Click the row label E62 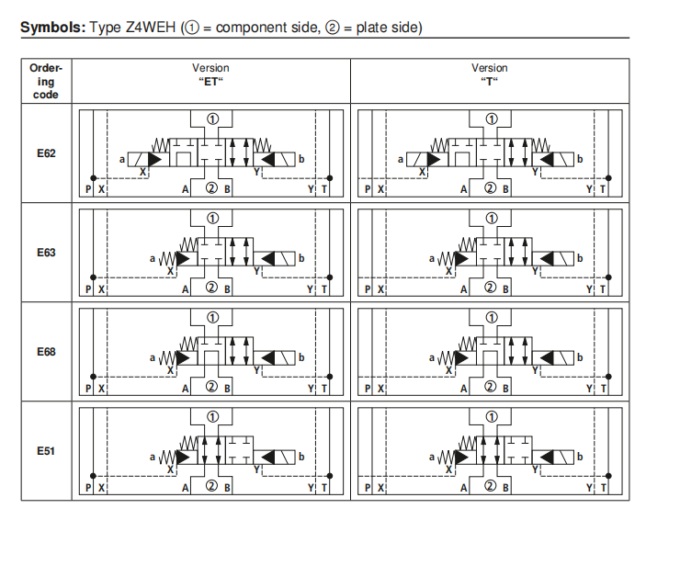[46, 153]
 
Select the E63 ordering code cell [46, 253]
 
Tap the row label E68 [46, 352]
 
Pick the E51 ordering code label [46, 451]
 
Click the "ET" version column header [210, 74]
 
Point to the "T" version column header [490, 74]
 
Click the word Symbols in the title [53, 28]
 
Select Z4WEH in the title [151, 28]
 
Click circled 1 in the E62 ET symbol [212, 119]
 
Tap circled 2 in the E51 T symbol [490, 486]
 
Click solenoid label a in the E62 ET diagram [122, 160]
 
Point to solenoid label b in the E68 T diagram [580, 357]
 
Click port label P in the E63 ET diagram [88, 289]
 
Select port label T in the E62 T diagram [603, 189]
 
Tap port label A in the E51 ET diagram [186, 488]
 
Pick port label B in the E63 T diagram [505, 289]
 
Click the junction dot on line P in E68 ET [93, 377]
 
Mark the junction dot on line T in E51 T [608, 476]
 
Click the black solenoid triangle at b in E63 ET [268, 259]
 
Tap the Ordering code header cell [46, 81]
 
